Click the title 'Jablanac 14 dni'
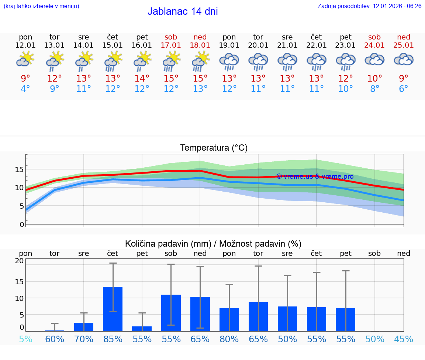click(183, 11)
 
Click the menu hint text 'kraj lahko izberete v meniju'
click(41, 6)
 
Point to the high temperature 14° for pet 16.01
click(142, 78)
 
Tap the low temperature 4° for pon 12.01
click(25, 89)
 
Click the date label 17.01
click(171, 45)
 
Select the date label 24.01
click(374, 45)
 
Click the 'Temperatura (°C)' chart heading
click(214, 148)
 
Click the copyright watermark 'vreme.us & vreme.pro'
click(315, 176)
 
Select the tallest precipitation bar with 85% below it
click(113, 309)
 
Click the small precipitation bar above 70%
click(84, 327)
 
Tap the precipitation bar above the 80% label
click(229, 320)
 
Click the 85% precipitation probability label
click(113, 339)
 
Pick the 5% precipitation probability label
click(25, 339)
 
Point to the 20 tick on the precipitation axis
click(19, 261)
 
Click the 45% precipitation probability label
click(404, 339)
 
